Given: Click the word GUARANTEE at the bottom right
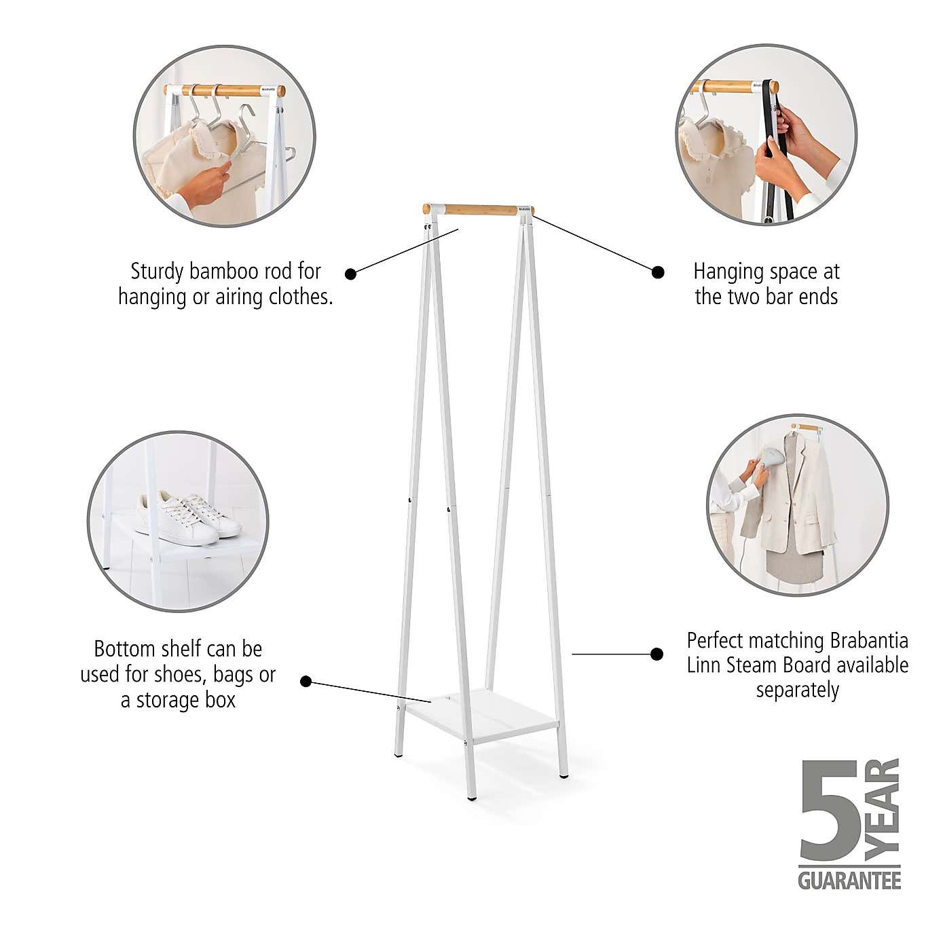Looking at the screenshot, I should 849,881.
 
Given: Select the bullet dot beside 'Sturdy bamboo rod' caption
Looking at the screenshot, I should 351,274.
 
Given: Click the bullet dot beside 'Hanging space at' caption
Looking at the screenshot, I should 657,272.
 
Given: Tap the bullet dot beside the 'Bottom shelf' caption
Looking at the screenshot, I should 306,681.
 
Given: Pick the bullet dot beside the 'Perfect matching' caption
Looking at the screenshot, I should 657,654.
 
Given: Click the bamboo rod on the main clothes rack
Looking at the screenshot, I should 479,210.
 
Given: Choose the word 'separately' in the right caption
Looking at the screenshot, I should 798,690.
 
